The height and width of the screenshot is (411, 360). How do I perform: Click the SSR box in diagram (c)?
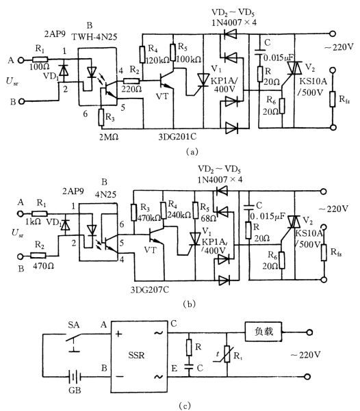pos(139,356)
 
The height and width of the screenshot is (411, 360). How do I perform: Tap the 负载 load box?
pos(263,332)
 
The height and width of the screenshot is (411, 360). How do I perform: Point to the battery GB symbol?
pos(75,377)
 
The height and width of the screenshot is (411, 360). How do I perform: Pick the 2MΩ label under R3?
pos(109,137)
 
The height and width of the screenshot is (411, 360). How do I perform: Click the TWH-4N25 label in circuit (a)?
pos(94,37)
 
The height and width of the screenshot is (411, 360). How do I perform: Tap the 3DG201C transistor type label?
pos(177,137)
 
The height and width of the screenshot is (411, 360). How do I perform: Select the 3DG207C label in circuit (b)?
pos(150,289)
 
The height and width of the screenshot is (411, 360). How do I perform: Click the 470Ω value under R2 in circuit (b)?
pos(43,266)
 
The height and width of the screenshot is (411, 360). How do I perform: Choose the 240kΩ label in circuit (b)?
pos(179,215)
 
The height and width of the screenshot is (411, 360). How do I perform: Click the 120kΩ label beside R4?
pos(157,60)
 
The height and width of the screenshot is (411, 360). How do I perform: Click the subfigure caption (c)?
pos(185,406)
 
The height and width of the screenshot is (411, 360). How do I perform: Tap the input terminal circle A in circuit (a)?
pos(21,60)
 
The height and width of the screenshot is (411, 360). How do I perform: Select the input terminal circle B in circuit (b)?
pos(21,256)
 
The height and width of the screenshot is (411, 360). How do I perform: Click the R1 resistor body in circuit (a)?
pos(40,60)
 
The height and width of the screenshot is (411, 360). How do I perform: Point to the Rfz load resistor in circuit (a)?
pos(333,99)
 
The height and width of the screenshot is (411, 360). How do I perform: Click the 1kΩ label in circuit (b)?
pos(33,222)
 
